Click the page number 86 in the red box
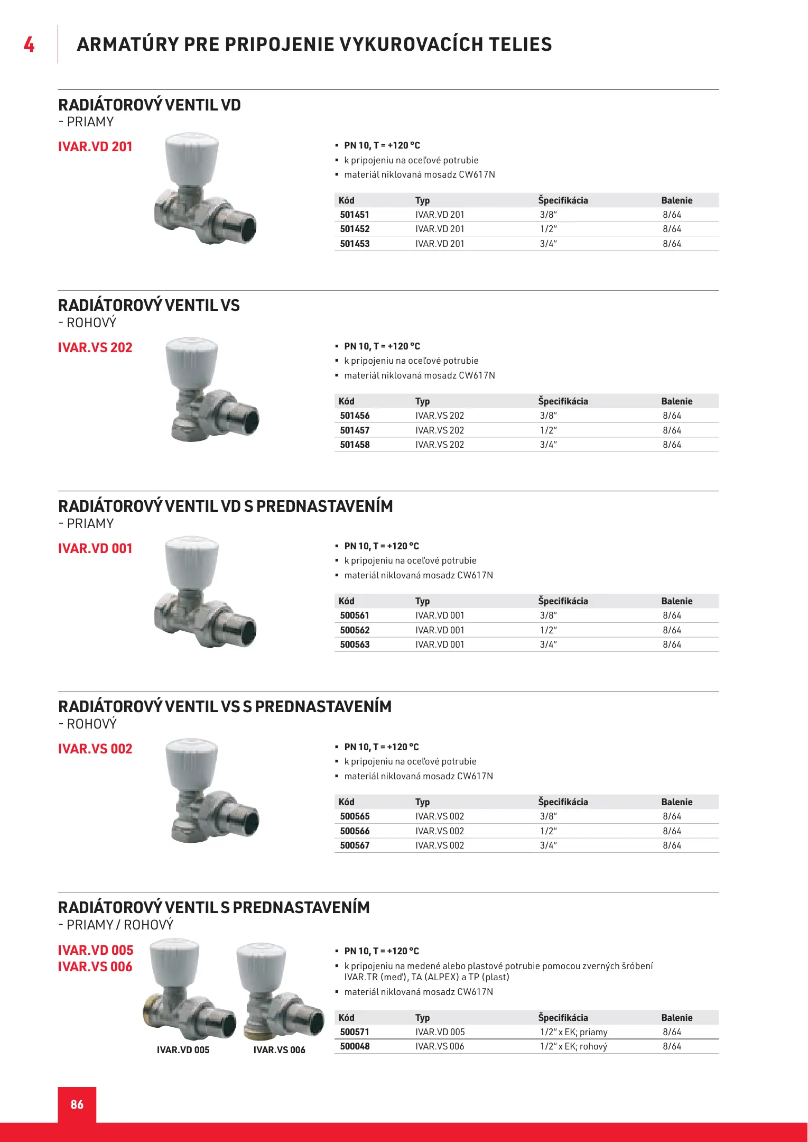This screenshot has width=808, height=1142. coord(77,1104)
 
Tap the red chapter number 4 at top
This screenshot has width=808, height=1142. coord(29,44)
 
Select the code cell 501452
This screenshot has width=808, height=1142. coord(355,229)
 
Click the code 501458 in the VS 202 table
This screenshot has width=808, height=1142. coord(355,445)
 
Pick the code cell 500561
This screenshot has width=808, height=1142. coord(355,615)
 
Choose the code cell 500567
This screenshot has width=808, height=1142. coord(355,845)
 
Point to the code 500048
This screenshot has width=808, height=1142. coord(355,1046)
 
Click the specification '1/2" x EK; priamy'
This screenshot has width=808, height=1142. coord(573,1032)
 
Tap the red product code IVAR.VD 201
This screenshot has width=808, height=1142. coord(95,146)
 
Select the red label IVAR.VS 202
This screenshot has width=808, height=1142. coord(95,347)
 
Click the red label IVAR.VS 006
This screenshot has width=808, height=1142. coord(95,966)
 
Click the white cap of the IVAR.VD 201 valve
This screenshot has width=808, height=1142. coord(191,156)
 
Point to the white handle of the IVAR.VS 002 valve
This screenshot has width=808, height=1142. coord(191,761)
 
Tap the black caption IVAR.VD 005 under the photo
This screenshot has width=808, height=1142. coord(183,1050)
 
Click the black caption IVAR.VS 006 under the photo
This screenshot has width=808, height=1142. coord(279,1050)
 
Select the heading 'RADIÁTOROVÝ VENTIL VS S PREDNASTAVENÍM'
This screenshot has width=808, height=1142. coord(225,707)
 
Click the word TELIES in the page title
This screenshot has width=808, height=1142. coord(520,44)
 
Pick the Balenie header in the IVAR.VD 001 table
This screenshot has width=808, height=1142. coord(676,601)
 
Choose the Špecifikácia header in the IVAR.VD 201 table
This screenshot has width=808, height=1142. coord(563,200)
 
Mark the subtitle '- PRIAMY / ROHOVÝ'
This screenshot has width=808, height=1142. coord(116,925)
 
